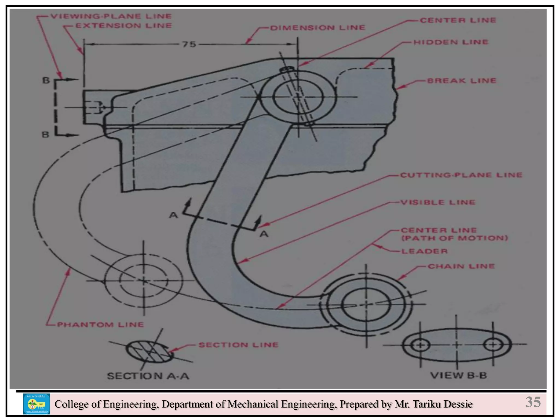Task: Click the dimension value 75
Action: [189, 44]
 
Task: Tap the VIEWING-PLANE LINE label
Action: [111, 16]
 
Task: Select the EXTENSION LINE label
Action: [124, 26]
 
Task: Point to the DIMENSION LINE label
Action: [318, 28]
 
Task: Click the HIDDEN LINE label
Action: [451, 42]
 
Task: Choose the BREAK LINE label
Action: [462, 81]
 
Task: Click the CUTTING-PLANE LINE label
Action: [461, 175]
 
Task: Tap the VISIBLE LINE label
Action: [438, 202]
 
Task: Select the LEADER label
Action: [424, 251]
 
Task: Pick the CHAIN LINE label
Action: [461, 266]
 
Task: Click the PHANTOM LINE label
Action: [100, 325]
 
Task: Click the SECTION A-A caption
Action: [148, 376]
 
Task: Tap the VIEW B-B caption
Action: [459, 375]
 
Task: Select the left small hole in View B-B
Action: [420, 345]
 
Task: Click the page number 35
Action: [533, 402]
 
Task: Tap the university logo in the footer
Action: [36, 404]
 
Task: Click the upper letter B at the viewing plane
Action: [46, 80]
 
